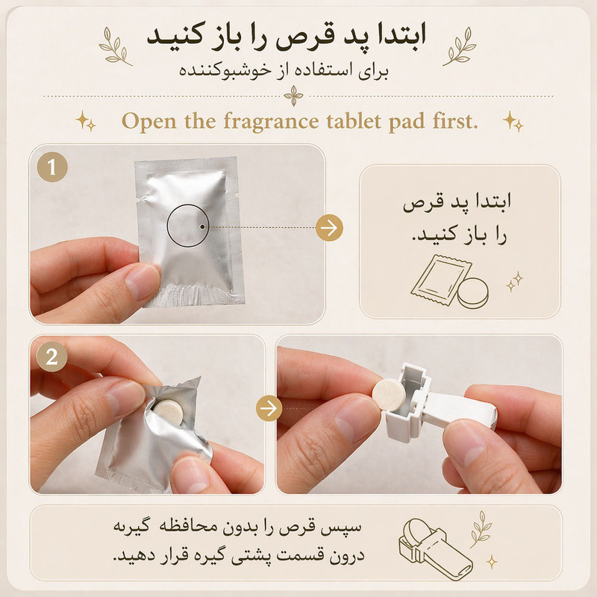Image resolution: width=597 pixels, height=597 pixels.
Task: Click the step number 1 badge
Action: point(52,166)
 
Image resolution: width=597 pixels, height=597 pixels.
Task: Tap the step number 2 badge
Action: point(52,357)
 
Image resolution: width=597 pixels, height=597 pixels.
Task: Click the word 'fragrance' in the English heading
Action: point(271,122)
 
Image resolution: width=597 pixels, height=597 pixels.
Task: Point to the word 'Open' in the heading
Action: point(149,122)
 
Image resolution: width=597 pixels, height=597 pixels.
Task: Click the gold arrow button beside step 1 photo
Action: point(329,228)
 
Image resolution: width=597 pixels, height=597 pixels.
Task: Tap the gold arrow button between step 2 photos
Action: point(269,408)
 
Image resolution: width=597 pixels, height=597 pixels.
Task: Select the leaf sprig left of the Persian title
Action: point(115,46)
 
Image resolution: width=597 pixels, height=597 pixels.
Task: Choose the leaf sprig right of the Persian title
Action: point(460,46)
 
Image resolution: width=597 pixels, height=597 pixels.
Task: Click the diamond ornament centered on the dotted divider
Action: point(293,96)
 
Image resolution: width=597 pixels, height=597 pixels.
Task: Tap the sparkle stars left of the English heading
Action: point(86,121)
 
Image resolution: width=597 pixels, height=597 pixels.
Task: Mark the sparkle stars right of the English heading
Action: point(513,121)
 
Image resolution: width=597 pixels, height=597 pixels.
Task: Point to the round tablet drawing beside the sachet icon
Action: point(473,293)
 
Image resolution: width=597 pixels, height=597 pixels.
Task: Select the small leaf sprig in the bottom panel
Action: point(481,529)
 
